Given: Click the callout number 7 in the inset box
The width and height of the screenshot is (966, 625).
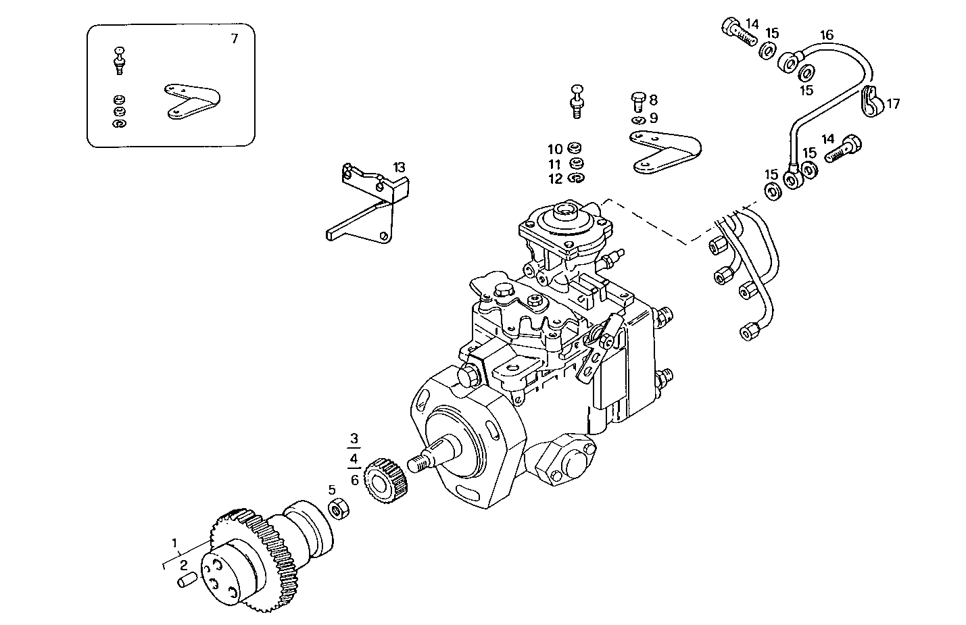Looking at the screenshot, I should (234, 39).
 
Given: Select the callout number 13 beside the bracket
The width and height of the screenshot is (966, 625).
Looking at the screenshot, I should (400, 168).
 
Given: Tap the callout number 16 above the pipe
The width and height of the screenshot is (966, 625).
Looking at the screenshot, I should (827, 35).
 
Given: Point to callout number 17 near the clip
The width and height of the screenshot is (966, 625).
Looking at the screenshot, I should (893, 104).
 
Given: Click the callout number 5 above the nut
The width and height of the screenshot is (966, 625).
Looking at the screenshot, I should (332, 490).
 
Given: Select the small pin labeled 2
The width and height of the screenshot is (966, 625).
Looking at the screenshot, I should (187, 580).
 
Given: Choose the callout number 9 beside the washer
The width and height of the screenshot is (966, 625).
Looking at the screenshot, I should (653, 118).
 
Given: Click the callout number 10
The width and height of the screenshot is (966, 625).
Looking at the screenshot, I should (554, 149).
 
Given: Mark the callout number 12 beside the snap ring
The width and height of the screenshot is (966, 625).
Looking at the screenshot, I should (555, 179).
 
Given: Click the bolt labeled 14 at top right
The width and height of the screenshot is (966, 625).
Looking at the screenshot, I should (739, 30).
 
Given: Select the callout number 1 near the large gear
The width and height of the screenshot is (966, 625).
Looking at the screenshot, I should (174, 543).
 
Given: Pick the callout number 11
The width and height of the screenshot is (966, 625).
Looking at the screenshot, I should (554, 164).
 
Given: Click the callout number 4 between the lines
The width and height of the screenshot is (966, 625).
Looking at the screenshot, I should (354, 459).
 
